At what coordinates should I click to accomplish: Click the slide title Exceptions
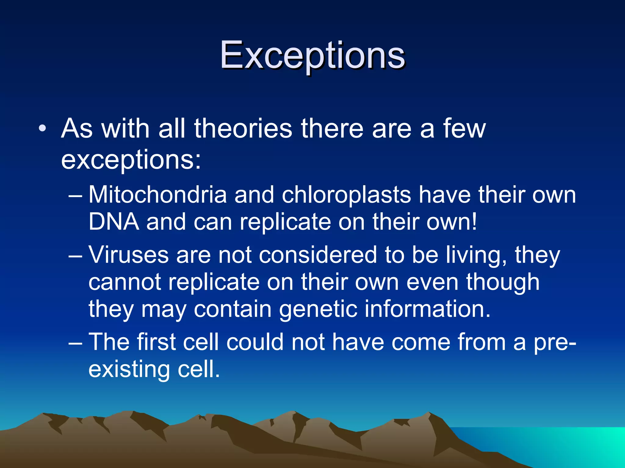pyautogui.click(x=312, y=55)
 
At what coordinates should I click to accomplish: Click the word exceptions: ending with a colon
pyautogui.click(x=131, y=160)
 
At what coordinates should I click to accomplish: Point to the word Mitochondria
pyautogui.click(x=157, y=195)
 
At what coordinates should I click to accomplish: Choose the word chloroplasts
pyautogui.click(x=346, y=195)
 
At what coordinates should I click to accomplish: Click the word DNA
pyautogui.click(x=113, y=222)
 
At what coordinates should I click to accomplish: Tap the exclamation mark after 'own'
pyautogui.click(x=474, y=222)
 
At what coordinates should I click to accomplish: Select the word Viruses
pyautogui.click(x=128, y=255)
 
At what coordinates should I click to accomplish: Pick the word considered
pyautogui.click(x=318, y=255)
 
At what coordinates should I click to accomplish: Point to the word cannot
pyautogui.click(x=125, y=282)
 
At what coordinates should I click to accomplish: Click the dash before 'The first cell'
pyautogui.click(x=75, y=343)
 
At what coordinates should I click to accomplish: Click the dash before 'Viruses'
pyautogui.click(x=75, y=256)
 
